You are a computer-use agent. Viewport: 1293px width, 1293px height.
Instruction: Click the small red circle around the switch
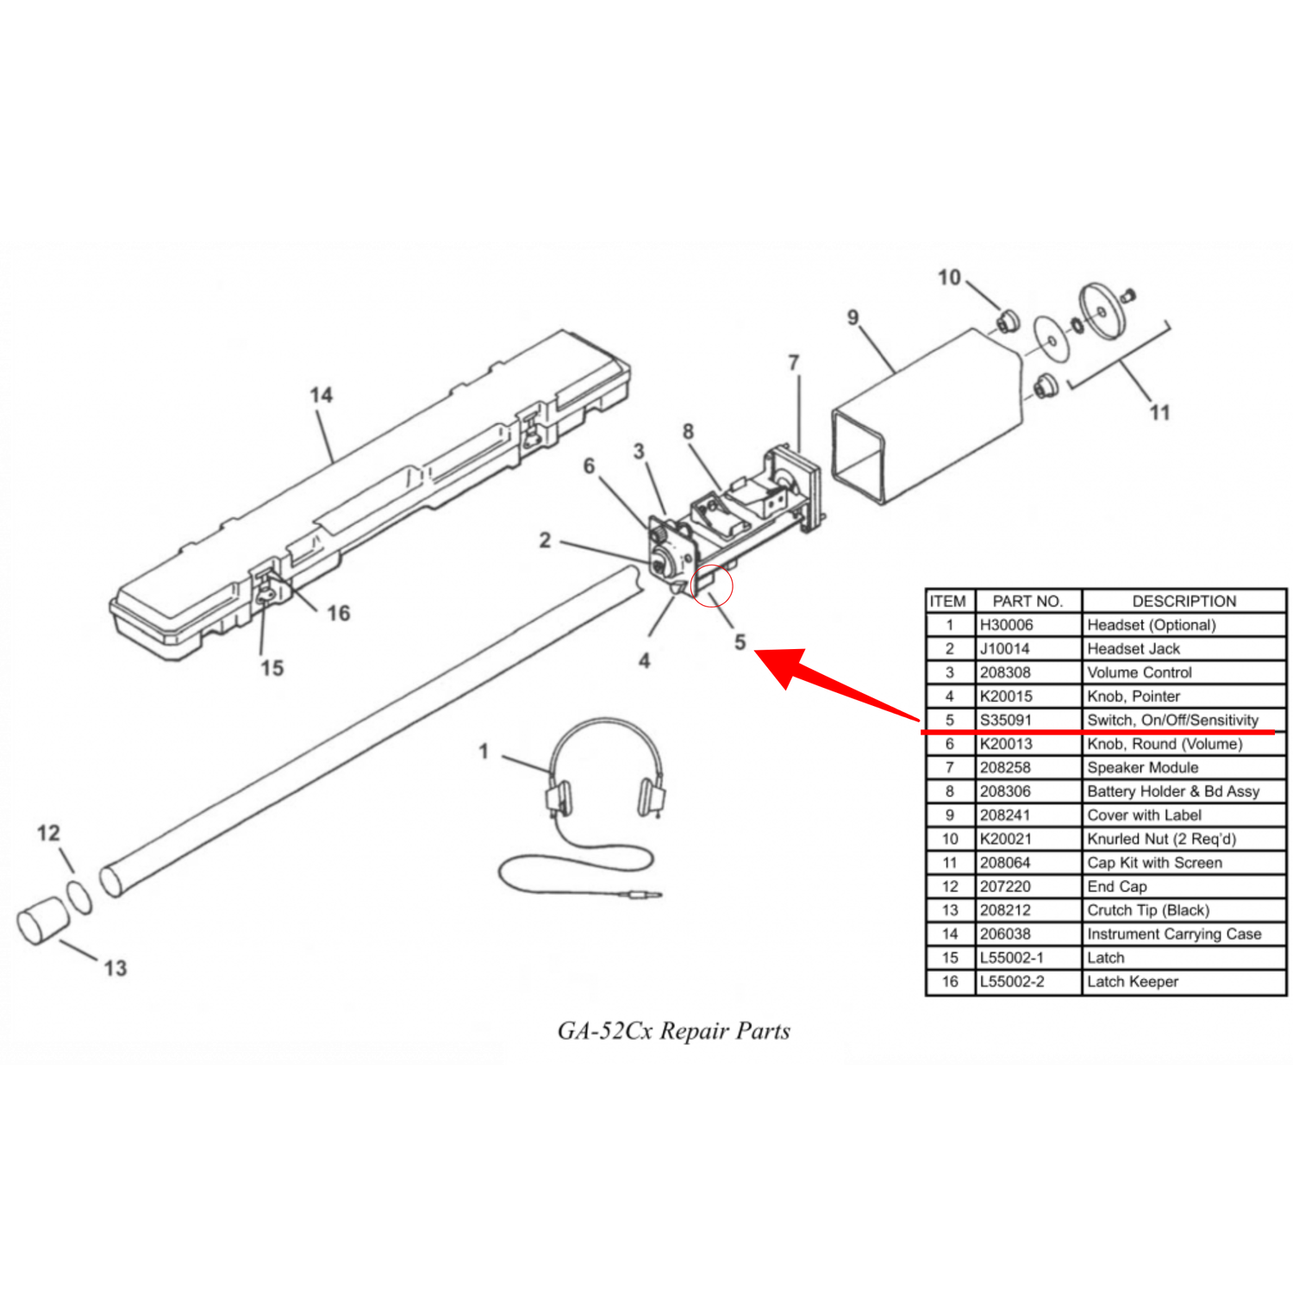coord(712,586)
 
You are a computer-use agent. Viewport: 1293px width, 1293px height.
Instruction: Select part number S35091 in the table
coord(1005,720)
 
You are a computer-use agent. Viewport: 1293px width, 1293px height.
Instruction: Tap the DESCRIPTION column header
coord(1184,601)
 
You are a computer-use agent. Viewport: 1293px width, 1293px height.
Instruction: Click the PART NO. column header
coord(1028,601)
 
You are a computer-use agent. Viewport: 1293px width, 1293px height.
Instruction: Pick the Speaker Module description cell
coord(1142,767)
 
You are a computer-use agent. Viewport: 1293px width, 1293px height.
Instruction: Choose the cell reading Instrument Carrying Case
coord(1173,934)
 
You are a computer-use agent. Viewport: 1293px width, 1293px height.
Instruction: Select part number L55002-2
coord(1012,981)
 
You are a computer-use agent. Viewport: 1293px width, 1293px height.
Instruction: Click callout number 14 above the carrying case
coord(321,395)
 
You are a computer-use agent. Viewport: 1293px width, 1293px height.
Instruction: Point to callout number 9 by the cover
coord(853,317)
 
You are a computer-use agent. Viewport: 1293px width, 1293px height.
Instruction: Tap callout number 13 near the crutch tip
coord(115,968)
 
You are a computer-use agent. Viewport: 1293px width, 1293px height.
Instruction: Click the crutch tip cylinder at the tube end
coord(42,921)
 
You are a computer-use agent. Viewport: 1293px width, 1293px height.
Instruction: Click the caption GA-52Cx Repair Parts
coord(673,1031)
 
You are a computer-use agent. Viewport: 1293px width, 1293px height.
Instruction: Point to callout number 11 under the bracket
coord(1159,412)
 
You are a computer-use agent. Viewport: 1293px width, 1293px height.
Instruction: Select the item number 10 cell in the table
coord(950,839)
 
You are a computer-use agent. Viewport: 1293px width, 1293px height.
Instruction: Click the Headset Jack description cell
coord(1133,648)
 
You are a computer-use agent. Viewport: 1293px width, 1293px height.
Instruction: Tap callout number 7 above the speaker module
coord(793,363)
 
